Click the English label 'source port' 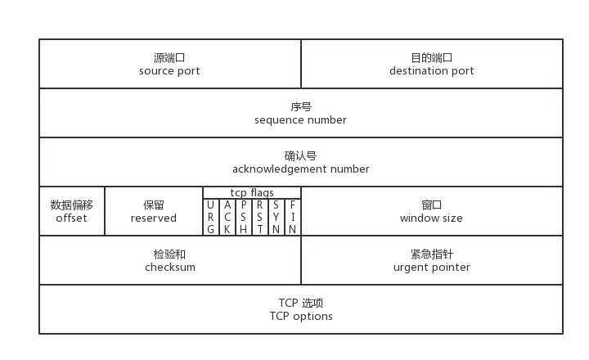[169, 71]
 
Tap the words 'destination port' [431, 71]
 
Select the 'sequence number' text [300, 120]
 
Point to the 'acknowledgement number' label [300, 169]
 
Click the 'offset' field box [72, 211]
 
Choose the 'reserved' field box [154, 211]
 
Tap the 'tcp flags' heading [252, 193]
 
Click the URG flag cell [211, 217]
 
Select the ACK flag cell [227, 217]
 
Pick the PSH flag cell [244, 217]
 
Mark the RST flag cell [260, 217]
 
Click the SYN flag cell [277, 217]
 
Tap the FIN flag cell [293, 217]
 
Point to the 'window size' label [431, 218]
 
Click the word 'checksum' [170, 268]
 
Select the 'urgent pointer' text [431, 268]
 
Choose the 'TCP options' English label [301, 317]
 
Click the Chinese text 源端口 [169, 58]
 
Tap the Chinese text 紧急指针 [431, 254]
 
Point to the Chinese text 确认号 [300, 156]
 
